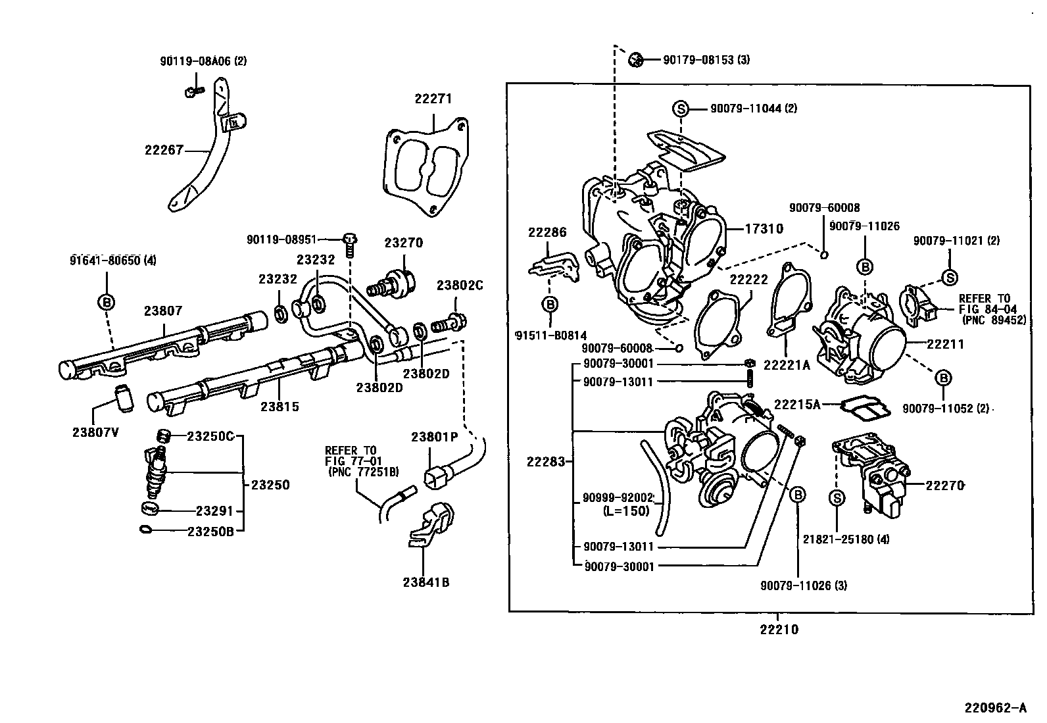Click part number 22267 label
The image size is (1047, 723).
tap(164, 150)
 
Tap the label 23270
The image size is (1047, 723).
tap(404, 243)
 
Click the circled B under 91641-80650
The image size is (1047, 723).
tap(106, 303)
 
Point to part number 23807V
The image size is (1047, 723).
tap(96, 432)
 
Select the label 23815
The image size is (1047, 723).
tap(280, 407)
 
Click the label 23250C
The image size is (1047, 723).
tap(210, 436)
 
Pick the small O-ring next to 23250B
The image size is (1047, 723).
tap(147, 530)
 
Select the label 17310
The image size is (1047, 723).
tap(764, 229)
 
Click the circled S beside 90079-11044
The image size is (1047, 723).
tap(681, 109)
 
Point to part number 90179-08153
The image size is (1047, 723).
tap(706, 60)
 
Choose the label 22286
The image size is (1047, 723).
tap(547, 232)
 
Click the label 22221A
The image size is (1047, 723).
tap(787, 365)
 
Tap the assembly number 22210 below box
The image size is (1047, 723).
tap(779, 630)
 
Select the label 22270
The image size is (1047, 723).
tap(945, 486)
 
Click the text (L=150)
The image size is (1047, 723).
tap(626, 511)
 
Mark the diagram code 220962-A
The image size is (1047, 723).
tap(995, 709)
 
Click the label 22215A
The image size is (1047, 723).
tap(797, 405)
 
